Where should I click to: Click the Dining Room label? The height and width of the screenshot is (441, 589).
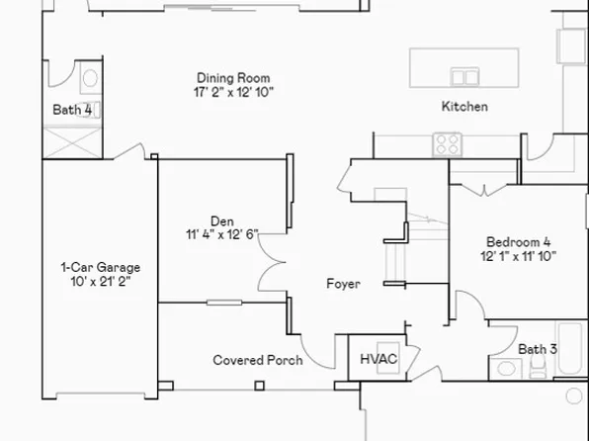233,78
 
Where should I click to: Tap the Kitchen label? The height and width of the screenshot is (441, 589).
463,106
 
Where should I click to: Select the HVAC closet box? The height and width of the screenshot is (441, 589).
378,358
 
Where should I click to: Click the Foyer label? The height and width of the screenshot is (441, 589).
343,284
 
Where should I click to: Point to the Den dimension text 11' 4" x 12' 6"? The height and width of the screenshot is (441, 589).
221,234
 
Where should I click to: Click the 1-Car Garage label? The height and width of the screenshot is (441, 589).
101,267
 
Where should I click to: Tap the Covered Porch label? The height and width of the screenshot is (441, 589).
258,360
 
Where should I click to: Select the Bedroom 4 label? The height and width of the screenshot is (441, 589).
518,241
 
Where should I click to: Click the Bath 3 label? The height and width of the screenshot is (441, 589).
538,348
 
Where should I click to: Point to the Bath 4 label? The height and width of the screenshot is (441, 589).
72,110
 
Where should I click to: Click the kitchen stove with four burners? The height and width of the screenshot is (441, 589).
447,144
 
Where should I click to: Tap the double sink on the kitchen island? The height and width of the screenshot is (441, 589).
463,76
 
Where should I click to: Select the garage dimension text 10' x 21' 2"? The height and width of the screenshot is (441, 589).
101,281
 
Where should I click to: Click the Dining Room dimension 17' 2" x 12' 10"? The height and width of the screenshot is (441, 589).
233,92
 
